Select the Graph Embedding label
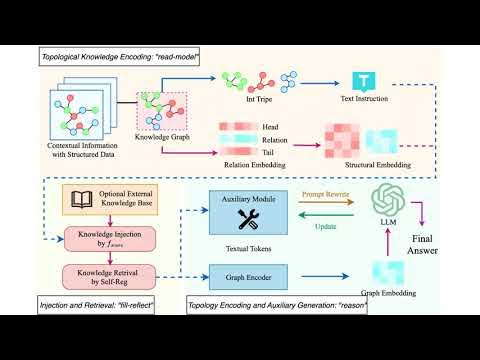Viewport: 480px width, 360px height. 385,294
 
